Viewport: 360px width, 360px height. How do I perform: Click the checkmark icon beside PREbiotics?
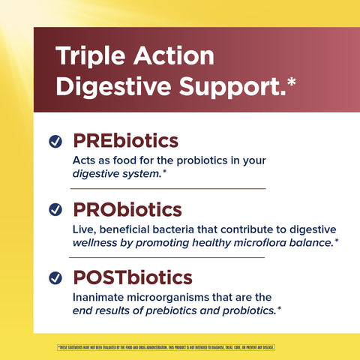[55, 142]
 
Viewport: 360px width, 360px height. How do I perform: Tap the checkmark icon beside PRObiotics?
[55, 210]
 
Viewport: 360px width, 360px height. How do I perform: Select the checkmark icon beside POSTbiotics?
[55, 277]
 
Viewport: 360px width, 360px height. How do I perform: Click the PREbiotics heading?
[125, 141]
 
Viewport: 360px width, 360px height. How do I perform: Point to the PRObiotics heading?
[127, 209]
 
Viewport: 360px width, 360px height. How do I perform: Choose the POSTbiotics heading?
[132, 277]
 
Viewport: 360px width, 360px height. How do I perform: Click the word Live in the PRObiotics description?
[84, 229]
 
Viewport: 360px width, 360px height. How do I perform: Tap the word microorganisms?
[173, 296]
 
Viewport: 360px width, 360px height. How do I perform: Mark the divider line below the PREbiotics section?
[169, 189]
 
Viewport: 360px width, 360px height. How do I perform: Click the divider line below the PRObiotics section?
[169, 257]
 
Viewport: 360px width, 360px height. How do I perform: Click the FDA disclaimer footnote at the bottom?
[166, 347]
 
